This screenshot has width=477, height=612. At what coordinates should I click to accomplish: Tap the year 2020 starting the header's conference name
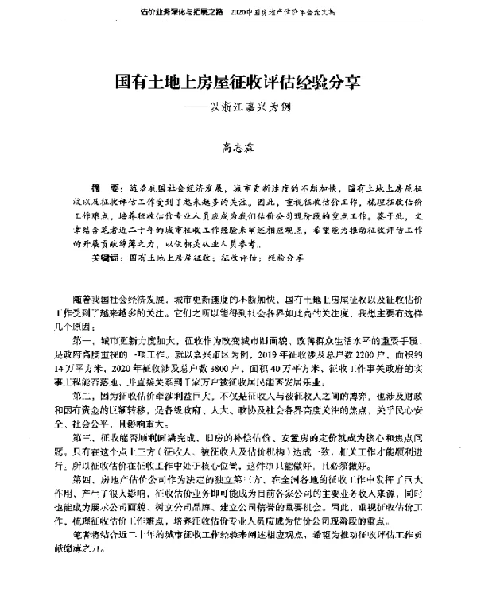(239, 14)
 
